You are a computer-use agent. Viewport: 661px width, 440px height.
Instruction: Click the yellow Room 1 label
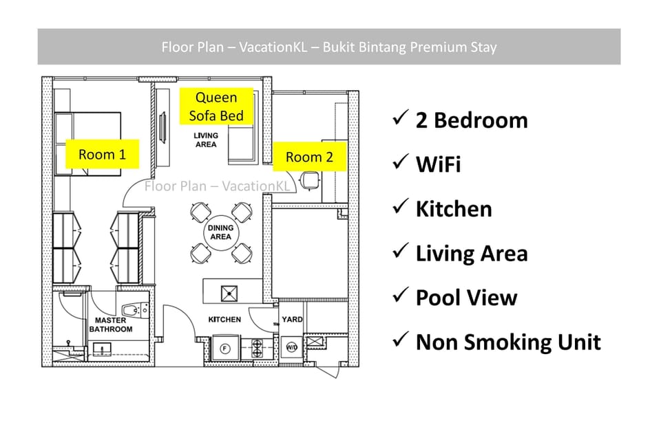click(103, 154)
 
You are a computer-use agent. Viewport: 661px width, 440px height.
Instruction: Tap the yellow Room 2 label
click(309, 157)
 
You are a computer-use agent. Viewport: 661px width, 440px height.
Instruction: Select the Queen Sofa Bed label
click(216, 106)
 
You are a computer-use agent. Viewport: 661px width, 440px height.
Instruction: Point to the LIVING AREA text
click(206, 140)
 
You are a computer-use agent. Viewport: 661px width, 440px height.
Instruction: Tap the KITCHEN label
click(224, 320)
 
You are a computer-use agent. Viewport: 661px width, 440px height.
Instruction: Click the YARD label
click(292, 319)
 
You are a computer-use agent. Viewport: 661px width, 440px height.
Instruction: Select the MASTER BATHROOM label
click(110, 324)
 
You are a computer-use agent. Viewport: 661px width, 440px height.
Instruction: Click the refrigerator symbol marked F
click(224, 349)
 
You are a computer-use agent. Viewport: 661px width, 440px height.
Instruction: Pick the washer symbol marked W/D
click(291, 347)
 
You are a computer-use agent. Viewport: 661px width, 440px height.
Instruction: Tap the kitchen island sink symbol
click(229, 294)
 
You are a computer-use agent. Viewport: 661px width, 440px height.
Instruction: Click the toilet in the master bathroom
click(136, 310)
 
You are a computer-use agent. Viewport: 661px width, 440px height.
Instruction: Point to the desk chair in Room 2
click(310, 181)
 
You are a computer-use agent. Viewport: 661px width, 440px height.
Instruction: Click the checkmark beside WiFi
click(401, 162)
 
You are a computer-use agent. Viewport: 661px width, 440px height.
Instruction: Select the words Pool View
click(466, 297)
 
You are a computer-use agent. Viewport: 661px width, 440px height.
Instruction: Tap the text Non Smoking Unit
click(508, 342)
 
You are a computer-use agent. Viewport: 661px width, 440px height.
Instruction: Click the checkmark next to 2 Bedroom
click(401, 118)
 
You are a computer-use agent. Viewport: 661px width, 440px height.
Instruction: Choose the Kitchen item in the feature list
click(454, 209)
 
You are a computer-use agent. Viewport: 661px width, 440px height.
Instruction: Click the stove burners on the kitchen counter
click(257, 348)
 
